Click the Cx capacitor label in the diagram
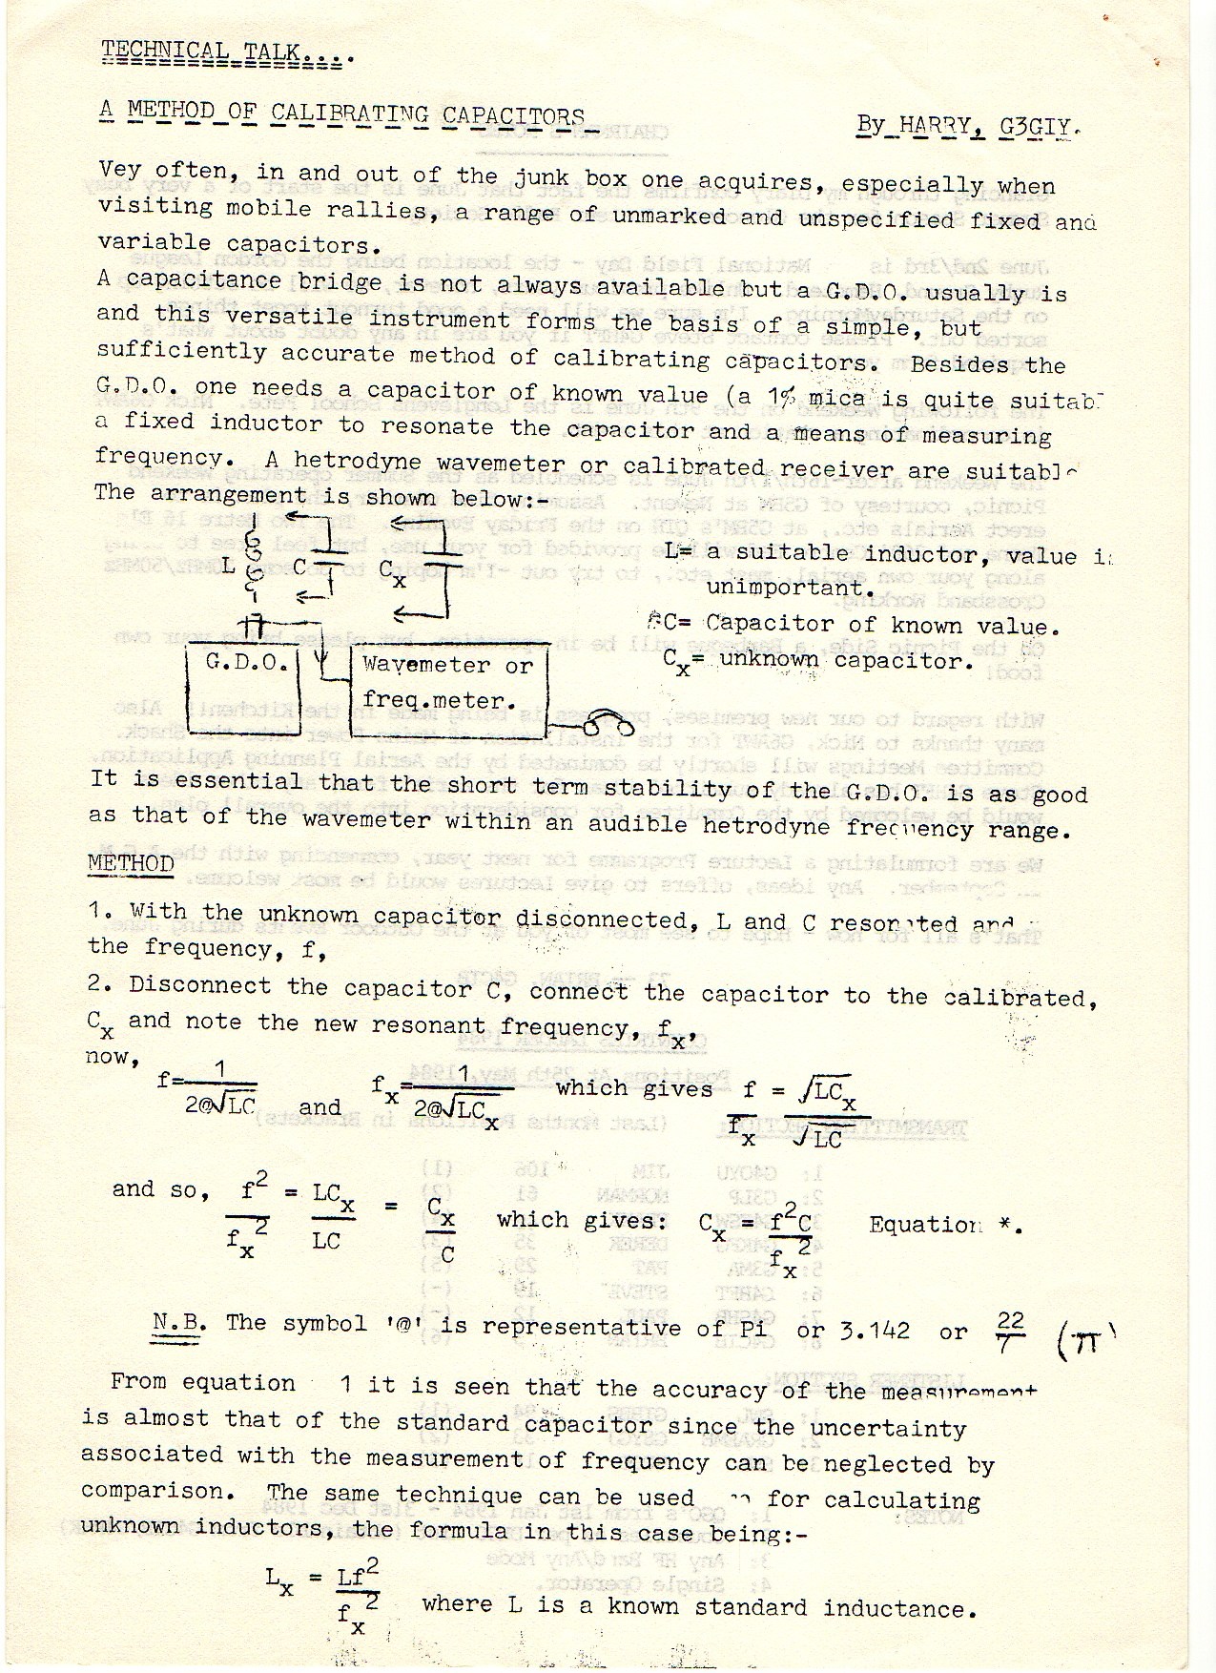pyautogui.click(x=391, y=573)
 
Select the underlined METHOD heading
pyautogui.click(x=131, y=864)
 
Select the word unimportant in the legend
pyautogui.click(x=791, y=588)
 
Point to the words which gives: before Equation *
pyautogui.click(x=581, y=1220)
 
